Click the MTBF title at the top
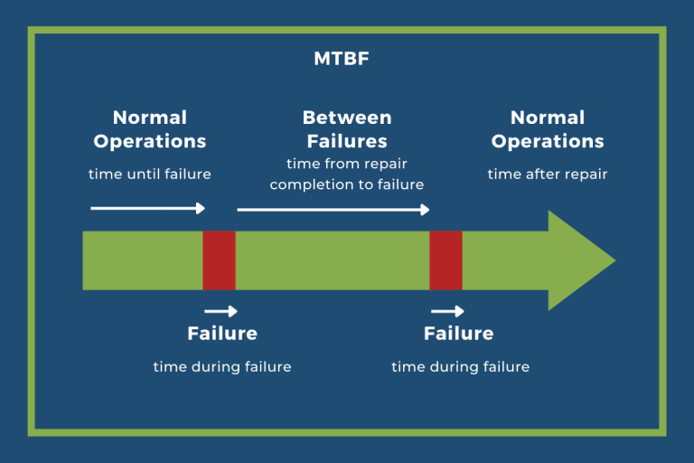pyautogui.click(x=347, y=60)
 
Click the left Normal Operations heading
pyautogui.click(x=150, y=129)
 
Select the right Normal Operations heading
pyautogui.click(x=548, y=129)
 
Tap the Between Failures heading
pyautogui.click(x=347, y=129)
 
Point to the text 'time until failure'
pyautogui.click(x=150, y=174)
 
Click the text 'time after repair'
pyautogui.click(x=548, y=174)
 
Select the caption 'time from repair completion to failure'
pyautogui.click(x=347, y=175)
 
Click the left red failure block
pyautogui.click(x=219, y=260)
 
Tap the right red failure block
pyautogui.click(x=445, y=260)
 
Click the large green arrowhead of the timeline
pyautogui.click(x=578, y=260)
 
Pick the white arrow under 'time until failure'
pyautogui.click(x=148, y=208)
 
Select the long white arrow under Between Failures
pyautogui.click(x=333, y=210)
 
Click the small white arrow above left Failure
pyautogui.click(x=221, y=311)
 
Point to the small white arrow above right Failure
pyautogui.click(x=447, y=311)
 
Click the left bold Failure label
pyautogui.click(x=222, y=334)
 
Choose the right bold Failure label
pyautogui.click(x=459, y=334)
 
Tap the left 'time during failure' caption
pyautogui.click(x=222, y=366)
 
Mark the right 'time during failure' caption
pyautogui.click(x=460, y=366)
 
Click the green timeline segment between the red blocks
pyautogui.click(x=332, y=260)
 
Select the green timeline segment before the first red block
pyautogui.click(x=142, y=260)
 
